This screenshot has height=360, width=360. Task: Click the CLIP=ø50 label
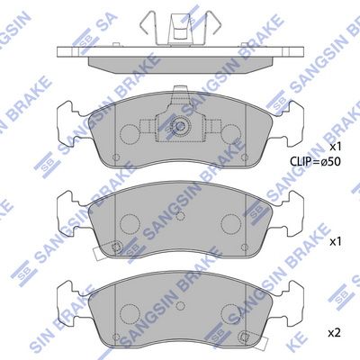pos(315,162)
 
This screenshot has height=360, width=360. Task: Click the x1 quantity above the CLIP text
pos(336,147)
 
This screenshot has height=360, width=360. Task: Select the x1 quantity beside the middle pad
pos(336,242)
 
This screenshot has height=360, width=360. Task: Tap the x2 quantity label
pos(335,333)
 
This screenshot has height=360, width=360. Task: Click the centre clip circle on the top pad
pos(180,126)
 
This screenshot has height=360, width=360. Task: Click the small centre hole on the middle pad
pos(180,216)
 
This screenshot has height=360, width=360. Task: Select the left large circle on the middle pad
pos(130,224)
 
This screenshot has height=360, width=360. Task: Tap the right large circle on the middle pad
pos(230,224)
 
